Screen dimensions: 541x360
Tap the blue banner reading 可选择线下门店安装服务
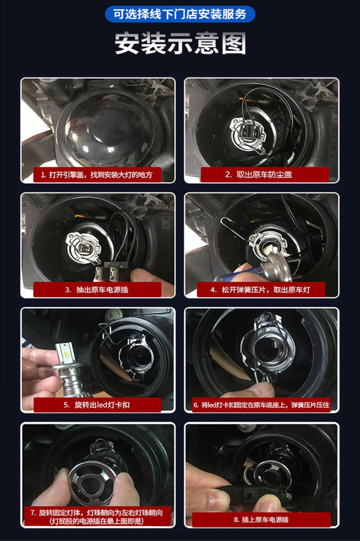click(x=180, y=14)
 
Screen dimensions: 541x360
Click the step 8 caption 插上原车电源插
click(x=261, y=519)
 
